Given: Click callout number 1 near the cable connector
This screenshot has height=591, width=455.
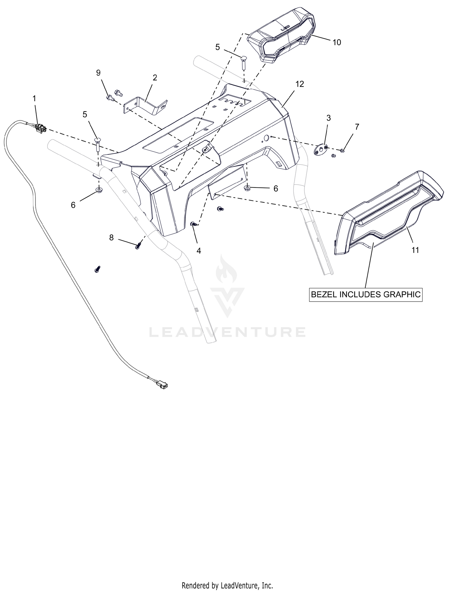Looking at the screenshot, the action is pyautogui.click(x=34, y=99).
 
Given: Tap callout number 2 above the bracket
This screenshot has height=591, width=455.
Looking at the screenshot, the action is pyautogui.click(x=155, y=78).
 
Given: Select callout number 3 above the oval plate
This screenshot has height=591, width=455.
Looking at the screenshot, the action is pyautogui.click(x=329, y=118).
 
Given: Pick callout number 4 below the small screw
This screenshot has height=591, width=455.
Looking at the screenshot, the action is pyautogui.click(x=199, y=251).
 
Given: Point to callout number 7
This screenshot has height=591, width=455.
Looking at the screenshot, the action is pyautogui.click(x=357, y=127).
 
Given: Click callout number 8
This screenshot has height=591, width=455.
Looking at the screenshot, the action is pyautogui.click(x=111, y=238).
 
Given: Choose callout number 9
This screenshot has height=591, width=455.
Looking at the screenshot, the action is pyautogui.click(x=98, y=73).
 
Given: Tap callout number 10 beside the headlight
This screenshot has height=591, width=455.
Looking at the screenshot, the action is pyautogui.click(x=337, y=42).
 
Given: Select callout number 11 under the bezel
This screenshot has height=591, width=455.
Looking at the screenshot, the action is pyautogui.click(x=415, y=250).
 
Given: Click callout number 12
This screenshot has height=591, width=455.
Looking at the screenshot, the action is pyautogui.click(x=300, y=84).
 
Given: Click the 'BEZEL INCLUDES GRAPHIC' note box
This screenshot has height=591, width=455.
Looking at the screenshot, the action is pyautogui.click(x=366, y=294).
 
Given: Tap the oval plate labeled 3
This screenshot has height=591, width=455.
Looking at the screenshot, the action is pyautogui.click(x=321, y=149).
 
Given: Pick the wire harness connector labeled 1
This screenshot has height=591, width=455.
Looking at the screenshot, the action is pyautogui.click(x=41, y=128).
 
